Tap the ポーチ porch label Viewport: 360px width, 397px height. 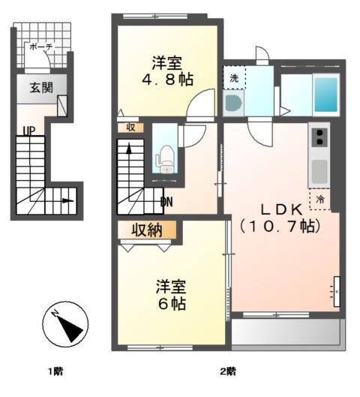click(x=40, y=47)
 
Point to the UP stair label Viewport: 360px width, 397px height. click(x=28, y=131)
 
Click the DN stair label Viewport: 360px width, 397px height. click(x=168, y=201)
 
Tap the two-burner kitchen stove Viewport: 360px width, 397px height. click(x=319, y=137)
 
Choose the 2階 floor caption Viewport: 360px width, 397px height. click(x=227, y=371)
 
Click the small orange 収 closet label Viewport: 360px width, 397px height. click(x=130, y=127)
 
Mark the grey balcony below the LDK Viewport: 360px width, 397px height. click(x=287, y=331)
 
